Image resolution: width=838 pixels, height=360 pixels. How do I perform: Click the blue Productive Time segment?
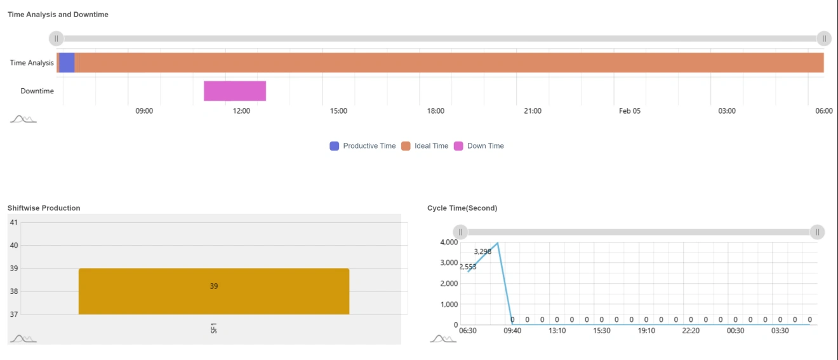pyautogui.click(x=67, y=63)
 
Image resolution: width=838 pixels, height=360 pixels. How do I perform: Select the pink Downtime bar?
pyautogui.click(x=234, y=91)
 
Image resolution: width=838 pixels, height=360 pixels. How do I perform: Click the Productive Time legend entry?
pyautogui.click(x=362, y=146)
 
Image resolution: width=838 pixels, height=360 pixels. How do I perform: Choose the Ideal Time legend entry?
pyautogui.click(x=425, y=146)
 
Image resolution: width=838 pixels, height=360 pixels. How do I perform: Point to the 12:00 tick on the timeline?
pyautogui.click(x=241, y=111)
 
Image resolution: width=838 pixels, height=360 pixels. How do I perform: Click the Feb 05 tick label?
pyautogui.click(x=630, y=111)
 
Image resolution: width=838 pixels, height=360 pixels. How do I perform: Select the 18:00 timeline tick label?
pyautogui.click(x=436, y=111)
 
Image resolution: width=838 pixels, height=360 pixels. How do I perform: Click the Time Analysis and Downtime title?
pyautogui.click(x=58, y=15)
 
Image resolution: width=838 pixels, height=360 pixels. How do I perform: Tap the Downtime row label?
pyautogui.click(x=37, y=91)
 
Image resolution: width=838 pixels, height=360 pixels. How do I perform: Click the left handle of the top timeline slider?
pyautogui.click(x=56, y=39)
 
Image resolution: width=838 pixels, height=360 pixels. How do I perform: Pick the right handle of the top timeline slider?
pyautogui.click(x=824, y=39)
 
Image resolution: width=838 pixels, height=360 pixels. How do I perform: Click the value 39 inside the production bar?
pyautogui.click(x=214, y=286)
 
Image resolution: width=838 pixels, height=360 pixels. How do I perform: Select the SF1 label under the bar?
pyautogui.click(x=214, y=328)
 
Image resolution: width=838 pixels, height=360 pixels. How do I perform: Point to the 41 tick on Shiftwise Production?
pyautogui.click(x=14, y=222)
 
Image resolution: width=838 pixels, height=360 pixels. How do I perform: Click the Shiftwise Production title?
pyautogui.click(x=44, y=208)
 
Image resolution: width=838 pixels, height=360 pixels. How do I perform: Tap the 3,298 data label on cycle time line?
pyautogui.click(x=482, y=252)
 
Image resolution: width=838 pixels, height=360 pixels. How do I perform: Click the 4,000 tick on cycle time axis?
pyautogui.click(x=448, y=243)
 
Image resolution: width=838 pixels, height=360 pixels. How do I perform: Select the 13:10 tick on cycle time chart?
pyautogui.click(x=557, y=331)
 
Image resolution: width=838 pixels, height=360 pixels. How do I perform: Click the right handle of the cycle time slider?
pyautogui.click(x=818, y=232)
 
